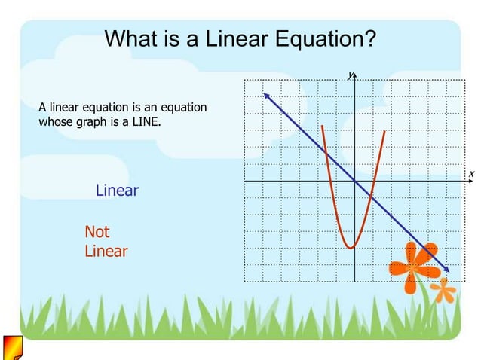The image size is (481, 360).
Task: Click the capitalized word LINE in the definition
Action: click(142, 122)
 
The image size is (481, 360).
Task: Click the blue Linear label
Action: click(117, 191)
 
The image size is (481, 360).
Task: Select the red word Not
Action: click(97, 232)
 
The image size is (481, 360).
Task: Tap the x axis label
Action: click(471, 174)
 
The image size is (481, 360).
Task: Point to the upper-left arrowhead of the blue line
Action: click(265, 94)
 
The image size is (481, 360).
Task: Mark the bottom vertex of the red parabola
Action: click(350, 247)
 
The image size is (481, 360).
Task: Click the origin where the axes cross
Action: click(355, 182)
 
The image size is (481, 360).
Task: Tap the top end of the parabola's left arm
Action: click(322, 127)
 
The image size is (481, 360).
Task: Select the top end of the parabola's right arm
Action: click(384, 132)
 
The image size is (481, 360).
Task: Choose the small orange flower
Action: click(444, 290)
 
